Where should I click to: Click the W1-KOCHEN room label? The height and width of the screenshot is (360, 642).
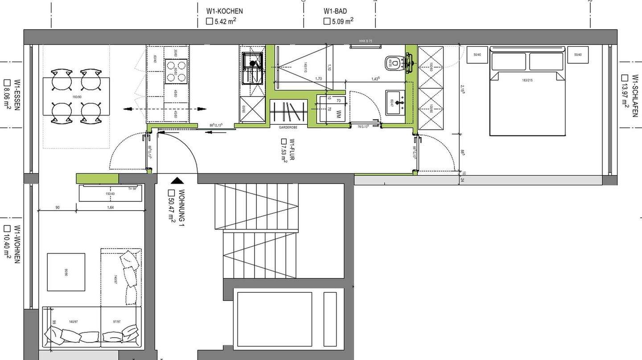[x=224, y=11]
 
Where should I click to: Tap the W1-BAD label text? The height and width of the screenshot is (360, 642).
[x=335, y=11]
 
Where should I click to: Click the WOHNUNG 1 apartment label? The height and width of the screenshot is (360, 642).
[x=181, y=208]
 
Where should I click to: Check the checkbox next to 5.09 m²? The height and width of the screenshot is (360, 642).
[x=327, y=21]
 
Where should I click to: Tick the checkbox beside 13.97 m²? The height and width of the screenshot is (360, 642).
[x=625, y=78]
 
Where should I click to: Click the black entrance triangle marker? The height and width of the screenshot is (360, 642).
[x=177, y=180]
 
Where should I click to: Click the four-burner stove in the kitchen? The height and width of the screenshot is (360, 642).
[x=176, y=72]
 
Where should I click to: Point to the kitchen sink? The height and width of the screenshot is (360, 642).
[x=252, y=68]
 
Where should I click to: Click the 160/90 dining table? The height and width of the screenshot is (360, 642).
[x=76, y=96]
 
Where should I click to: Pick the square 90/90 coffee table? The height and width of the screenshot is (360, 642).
[x=66, y=272]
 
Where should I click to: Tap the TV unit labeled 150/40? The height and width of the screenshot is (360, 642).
[x=110, y=193]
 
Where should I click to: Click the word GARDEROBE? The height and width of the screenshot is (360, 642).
[x=288, y=127]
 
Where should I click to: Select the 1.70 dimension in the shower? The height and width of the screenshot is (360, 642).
[x=318, y=79]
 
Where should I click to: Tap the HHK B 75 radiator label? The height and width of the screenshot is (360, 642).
[x=365, y=41]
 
